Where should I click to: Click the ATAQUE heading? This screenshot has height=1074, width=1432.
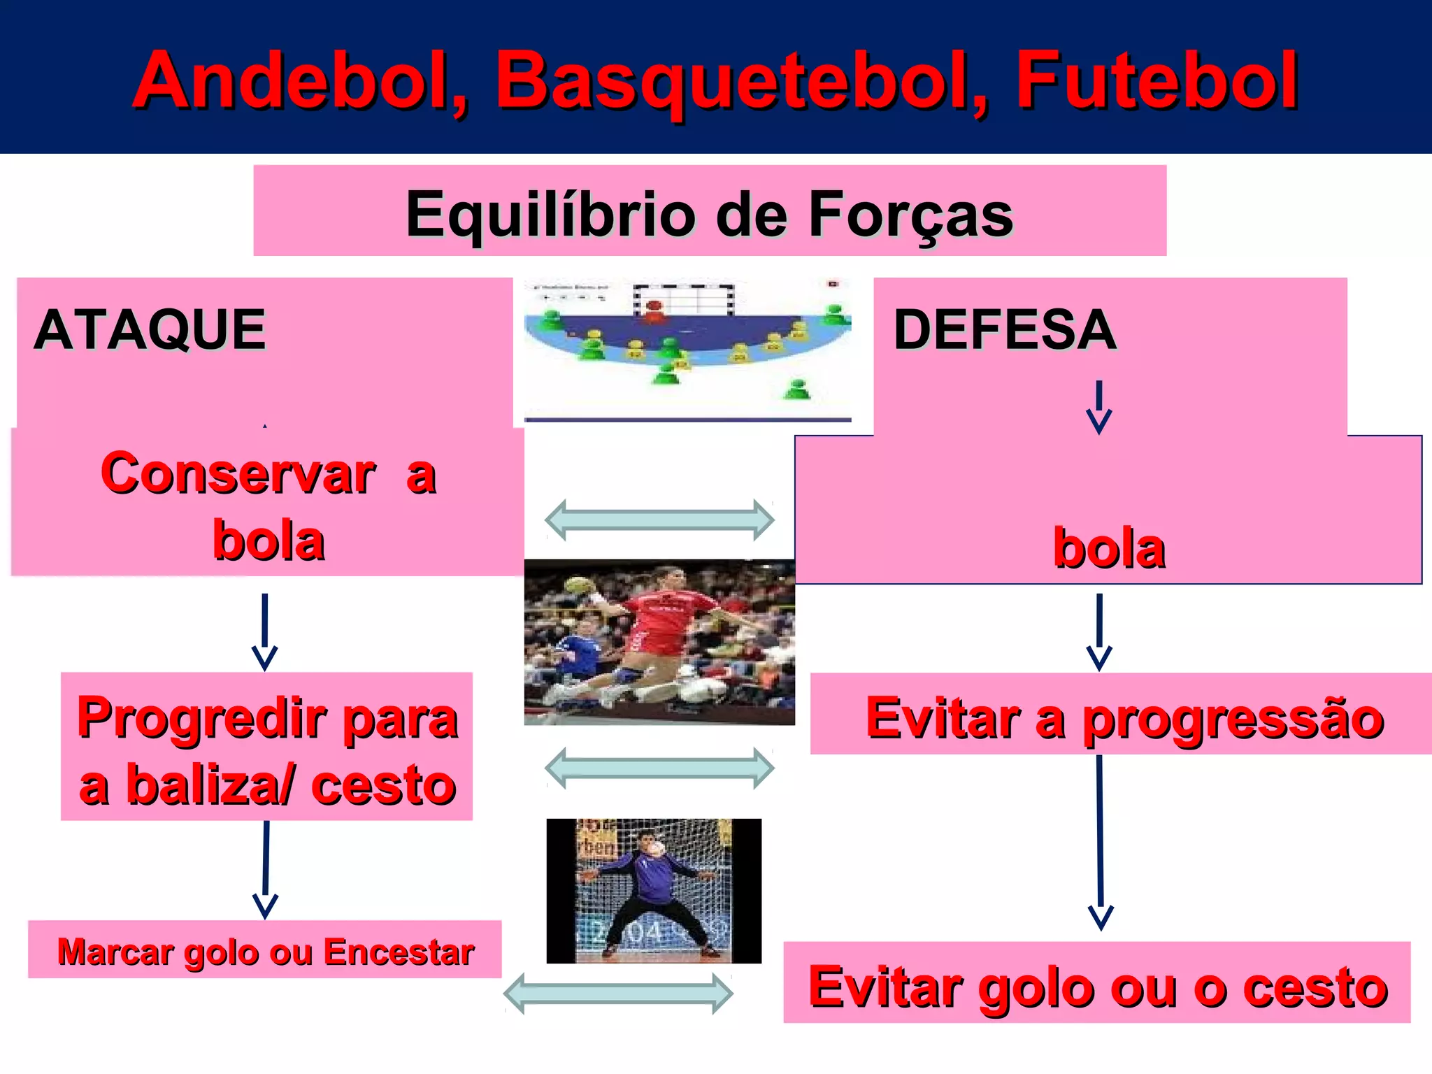coord(150,329)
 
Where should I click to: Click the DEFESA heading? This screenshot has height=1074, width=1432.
coord(1005,329)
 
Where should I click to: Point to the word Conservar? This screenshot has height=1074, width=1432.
coord(238,473)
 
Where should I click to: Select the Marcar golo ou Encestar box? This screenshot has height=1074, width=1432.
coord(265,951)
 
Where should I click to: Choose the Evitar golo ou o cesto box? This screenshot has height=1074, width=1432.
coord(1097,986)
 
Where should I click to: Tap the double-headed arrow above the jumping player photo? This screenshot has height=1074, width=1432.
coord(659,520)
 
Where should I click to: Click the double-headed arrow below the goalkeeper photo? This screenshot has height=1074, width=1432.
coord(618,993)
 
